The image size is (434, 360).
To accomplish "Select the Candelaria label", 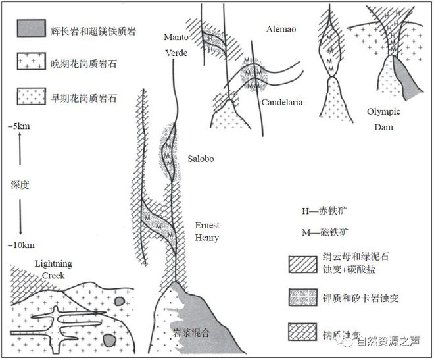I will pos(282,103).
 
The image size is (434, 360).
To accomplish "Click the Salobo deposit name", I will pos(201,159).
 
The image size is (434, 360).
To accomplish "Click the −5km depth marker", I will pos(21,125).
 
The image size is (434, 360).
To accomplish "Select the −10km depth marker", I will pos(22,245).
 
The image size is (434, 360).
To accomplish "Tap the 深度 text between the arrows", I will pos(20,185).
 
